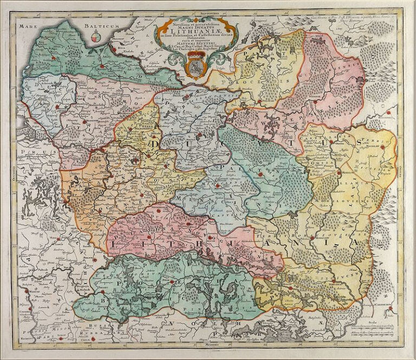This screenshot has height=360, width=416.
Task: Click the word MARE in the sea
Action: (27, 25)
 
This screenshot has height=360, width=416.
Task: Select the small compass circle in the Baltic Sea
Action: (96, 37)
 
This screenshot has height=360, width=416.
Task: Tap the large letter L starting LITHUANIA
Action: (115, 245)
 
